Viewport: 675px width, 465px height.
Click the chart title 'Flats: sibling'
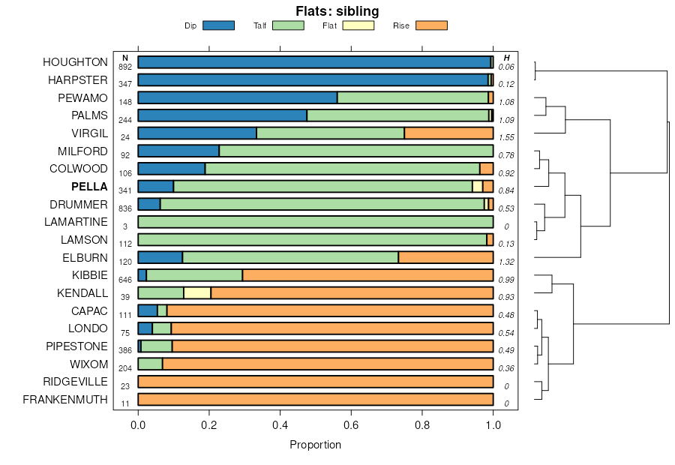[x=337, y=11]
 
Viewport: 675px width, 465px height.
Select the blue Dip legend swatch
[x=218, y=25]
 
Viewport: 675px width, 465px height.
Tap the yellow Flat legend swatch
[x=358, y=25]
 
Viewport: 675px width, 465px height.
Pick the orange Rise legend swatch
[x=431, y=25]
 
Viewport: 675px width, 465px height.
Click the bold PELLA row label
[x=89, y=187]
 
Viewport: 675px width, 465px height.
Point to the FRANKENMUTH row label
[x=65, y=400]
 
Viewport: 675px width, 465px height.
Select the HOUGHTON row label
[x=75, y=62]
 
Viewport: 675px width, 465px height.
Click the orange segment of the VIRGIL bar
[x=448, y=133]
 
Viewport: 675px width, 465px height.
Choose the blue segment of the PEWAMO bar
[x=238, y=97]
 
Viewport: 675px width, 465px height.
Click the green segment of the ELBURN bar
[x=290, y=257]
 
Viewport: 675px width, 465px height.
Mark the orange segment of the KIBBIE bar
[x=367, y=275]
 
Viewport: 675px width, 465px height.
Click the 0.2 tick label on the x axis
[x=209, y=425]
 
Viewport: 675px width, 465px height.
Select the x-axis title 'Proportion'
[x=315, y=445]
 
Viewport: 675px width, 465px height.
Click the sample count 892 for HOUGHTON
[x=125, y=67]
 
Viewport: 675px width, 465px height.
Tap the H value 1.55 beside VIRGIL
[x=506, y=139]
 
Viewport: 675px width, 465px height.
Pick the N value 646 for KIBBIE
[x=125, y=280]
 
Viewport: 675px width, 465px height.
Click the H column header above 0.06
[x=507, y=58]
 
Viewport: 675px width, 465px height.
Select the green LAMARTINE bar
[x=315, y=222]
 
